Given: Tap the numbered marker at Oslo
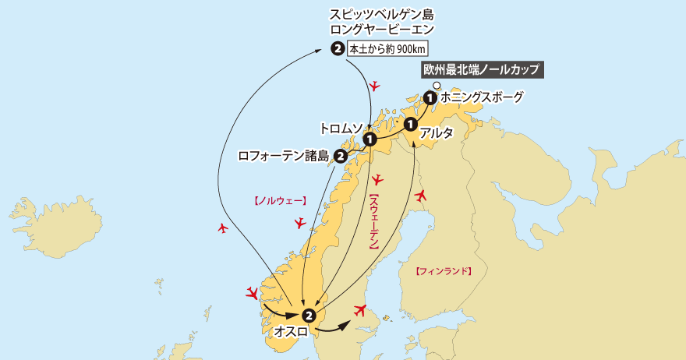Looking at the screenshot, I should [x=309, y=316].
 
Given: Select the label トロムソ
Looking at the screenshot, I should [x=340, y=127].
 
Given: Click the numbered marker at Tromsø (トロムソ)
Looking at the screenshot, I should [x=370, y=139].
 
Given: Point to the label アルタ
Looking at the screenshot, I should [x=437, y=133].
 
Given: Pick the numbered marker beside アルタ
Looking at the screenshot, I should [x=411, y=124].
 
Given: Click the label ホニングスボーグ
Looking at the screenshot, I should [x=482, y=98].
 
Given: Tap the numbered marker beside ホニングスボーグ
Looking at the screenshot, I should [x=430, y=98].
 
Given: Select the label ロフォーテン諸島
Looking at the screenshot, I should [x=285, y=156].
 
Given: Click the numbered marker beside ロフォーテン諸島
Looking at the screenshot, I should [x=341, y=156].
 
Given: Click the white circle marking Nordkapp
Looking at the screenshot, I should [x=437, y=85].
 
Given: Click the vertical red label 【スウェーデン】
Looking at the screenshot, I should [x=373, y=222].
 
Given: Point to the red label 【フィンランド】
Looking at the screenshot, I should [x=444, y=272].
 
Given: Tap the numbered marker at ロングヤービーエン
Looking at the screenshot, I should [x=337, y=49].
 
